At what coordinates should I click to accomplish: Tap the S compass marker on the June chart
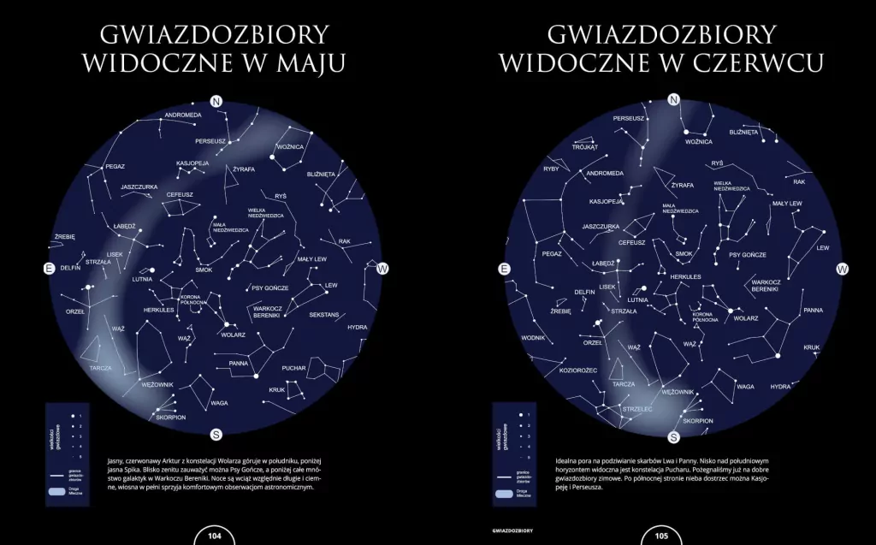[674, 437]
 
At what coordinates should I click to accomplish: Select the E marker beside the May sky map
[49, 269]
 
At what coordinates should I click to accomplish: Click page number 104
[216, 536]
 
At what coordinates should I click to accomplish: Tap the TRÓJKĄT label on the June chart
[560, 146]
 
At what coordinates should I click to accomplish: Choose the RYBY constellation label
[550, 169]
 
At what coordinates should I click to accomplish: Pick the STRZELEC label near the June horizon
[639, 409]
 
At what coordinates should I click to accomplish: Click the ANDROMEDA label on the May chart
[183, 115]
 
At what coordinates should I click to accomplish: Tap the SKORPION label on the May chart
[171, 417]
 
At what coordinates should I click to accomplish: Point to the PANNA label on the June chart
[813, 310]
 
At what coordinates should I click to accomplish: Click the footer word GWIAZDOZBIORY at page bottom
[507, 530]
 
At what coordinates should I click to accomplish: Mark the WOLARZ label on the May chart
[234, 335]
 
